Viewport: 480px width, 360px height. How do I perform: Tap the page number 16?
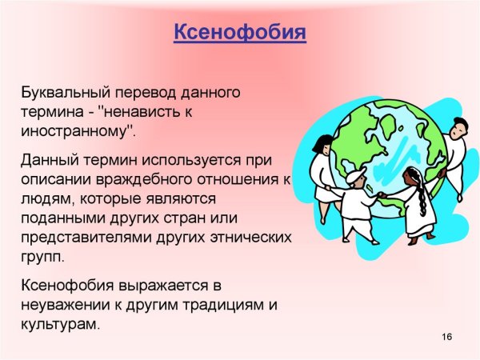tap(446, 337)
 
